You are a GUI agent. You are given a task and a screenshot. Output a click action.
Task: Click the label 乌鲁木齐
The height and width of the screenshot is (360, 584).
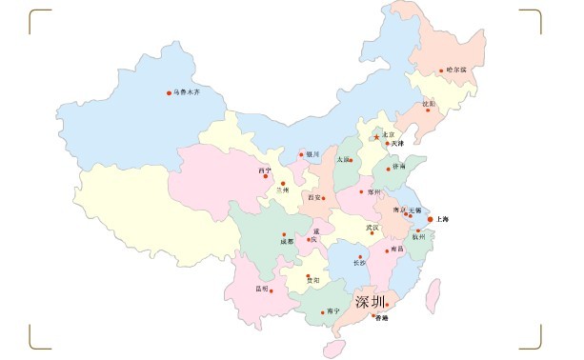[187, 92]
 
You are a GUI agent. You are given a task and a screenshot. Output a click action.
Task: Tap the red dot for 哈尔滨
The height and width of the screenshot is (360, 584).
[442, 70]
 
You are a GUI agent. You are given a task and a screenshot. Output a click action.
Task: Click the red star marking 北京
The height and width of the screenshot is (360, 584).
[376, 136]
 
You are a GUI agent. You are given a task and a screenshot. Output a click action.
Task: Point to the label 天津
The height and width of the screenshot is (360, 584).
[398, 144]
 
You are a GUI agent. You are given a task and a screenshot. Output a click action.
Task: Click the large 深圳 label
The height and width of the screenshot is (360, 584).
[371, 302]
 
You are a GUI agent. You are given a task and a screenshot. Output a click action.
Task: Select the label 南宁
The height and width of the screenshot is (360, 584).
[332, 311]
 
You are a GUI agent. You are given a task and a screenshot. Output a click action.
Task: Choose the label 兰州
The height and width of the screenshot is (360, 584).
[281, 190]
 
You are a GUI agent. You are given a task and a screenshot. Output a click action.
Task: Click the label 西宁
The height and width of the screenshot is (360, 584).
[264, 170]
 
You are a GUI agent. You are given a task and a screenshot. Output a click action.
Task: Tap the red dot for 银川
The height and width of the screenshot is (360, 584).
[302, 153]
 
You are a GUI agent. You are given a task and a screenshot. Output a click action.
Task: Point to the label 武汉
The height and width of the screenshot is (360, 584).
[372, 228]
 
